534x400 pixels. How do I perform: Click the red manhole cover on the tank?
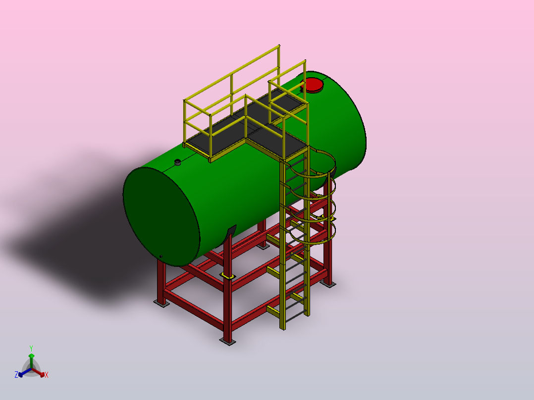click(313, 85)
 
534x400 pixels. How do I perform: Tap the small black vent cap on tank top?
click(177, 162)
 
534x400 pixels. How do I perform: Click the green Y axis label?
click(31, 348)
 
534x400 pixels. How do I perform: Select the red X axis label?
click(47, 375)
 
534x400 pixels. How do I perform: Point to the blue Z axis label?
click(16, 375)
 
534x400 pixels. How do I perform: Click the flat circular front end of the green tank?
click(161, 216)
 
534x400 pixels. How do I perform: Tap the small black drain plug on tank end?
click(160, 256)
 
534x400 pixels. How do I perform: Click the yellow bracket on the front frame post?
click(227, 276)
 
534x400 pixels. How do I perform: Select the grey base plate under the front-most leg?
click(227, 341)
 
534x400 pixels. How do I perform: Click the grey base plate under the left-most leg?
click(161, 303)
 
